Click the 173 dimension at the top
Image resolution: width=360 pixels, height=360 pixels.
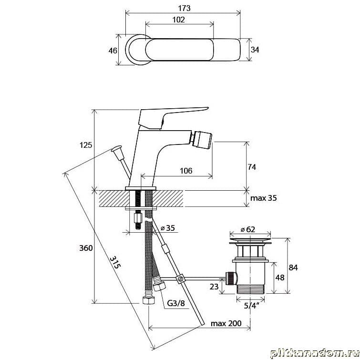(185, 8)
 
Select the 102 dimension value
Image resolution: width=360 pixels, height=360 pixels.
(179, 20)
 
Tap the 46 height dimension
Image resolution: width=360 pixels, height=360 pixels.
(113, 51)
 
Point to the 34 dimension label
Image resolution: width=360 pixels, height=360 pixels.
(255, 50)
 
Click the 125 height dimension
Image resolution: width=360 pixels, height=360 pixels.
(86, 145)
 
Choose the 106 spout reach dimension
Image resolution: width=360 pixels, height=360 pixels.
(186, 171)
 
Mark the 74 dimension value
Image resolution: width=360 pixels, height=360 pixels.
(252, 167)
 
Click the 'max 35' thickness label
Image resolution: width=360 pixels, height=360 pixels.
(264, 198)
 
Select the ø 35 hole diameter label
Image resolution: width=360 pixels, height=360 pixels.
(168, 228)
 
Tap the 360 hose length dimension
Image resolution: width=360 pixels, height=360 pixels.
(86, 248)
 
